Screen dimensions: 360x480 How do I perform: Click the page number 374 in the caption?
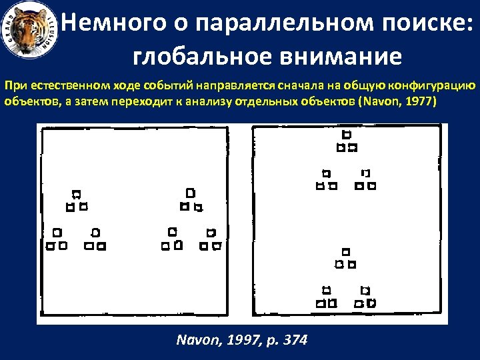pyautogui.click(x=294, y=340)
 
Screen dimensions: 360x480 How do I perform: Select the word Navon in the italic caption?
pyautogui.click(x=193, y=340)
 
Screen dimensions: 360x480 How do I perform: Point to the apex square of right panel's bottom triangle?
pyautogui.click(x=345, y=251)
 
